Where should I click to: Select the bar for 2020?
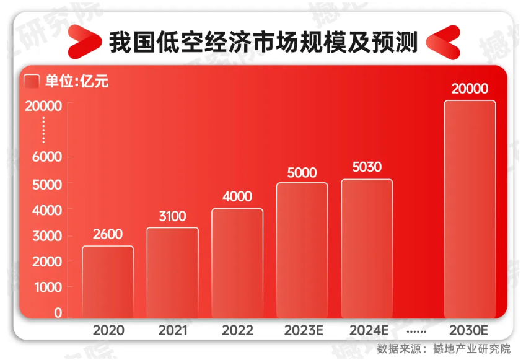coord(108,282)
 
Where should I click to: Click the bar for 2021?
coord(172,273)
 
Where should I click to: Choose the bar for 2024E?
coord(367,248)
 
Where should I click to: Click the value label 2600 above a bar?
coord(108,234)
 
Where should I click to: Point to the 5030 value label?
coord(367,167)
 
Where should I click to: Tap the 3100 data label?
coord(172,216)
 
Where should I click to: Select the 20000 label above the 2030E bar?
coord(470,89)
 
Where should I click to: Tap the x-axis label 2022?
coord(237,330)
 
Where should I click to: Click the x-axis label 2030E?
coord(470,330)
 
